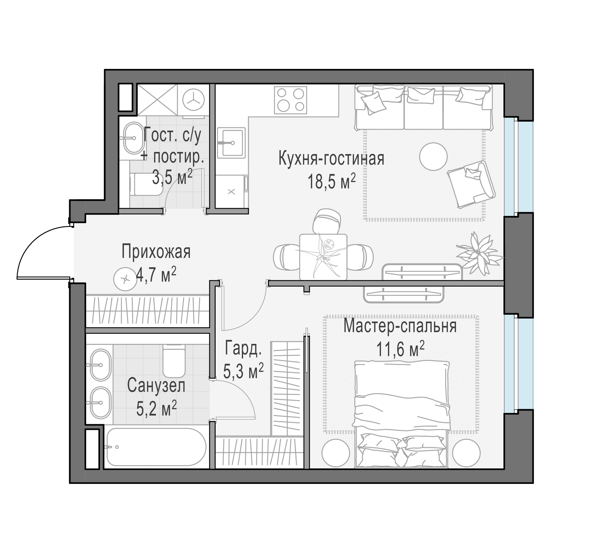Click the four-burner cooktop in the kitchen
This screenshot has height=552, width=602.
pyautogui.click(x=291, y=100)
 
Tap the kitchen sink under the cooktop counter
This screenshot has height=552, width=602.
pyautogui.click(x=231, y=142)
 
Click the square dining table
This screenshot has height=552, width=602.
pyautogui.click(x=323, y=257)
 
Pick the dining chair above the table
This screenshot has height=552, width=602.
pyautogui.click(x=327, y=221)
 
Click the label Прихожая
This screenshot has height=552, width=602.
pyautogui.click(x=156, y=252)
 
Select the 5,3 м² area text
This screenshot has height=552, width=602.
pyautogui.click(x=243, y=372)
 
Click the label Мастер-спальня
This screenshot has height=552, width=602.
pyautogui.click(x=400, y=326)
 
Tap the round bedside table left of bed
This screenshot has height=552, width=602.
pyautogui.click(x=336, y=453)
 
